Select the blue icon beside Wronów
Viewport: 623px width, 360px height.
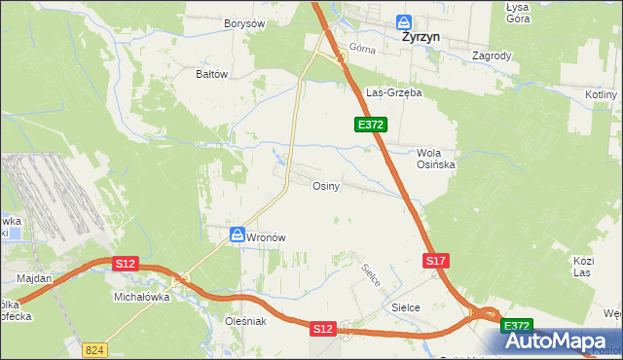coord(238,235)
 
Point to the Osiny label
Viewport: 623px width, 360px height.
coord(325,186)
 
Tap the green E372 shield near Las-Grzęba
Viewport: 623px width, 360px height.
coord(371,125)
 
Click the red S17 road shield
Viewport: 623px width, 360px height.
coord(436,261)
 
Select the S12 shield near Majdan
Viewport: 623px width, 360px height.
coord(125,264)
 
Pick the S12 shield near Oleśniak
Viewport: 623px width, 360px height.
coord(323,330)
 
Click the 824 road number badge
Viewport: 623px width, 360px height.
coord(94,348)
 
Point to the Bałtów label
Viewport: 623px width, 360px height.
coord(211,73)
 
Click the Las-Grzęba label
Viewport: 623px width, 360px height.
coord(392,93)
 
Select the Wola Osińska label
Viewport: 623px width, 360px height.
coord(436,159)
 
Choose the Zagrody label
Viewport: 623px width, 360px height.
coord(492,55)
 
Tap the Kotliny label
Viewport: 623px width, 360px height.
coord(602,94)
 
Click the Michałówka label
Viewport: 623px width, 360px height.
coord(142,297)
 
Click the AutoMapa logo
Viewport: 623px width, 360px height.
coord(560,341)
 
